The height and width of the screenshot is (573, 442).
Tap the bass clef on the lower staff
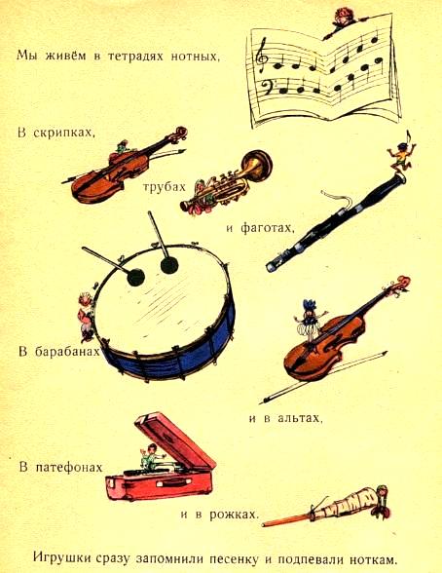[x=269, y=87]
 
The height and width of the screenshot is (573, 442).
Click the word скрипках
[x=64, y=133]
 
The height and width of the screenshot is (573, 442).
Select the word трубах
[x=164, y=187]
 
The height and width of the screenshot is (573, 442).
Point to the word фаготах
[x=267, y=228]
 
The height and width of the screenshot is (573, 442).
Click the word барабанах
[x=67, y=352]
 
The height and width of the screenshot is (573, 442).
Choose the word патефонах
[x=69, y=468]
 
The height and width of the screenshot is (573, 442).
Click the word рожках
[x=235, y=515]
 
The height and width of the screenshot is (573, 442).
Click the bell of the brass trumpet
[x=258, y=164]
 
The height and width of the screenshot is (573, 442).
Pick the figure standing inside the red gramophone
[x=150, y=457]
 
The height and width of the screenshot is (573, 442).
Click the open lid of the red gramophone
[x=174, y=440]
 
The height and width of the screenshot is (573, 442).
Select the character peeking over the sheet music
[x=344, y=21]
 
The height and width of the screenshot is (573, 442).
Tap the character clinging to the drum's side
[x=86, y=317]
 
